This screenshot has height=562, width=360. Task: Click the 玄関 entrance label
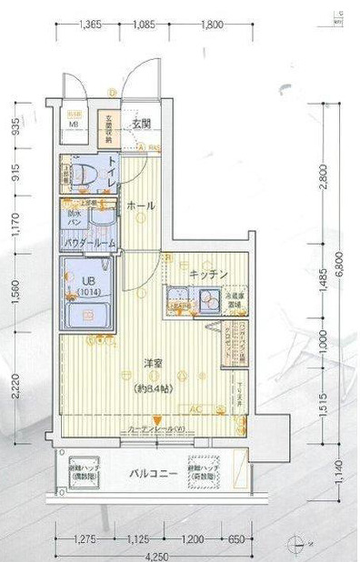(140, 123)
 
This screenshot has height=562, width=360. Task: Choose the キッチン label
(207, 274)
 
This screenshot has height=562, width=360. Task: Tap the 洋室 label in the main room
(153, 364)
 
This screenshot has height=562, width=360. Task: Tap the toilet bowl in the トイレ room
(82, 173)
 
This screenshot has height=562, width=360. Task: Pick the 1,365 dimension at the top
(89, 25)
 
